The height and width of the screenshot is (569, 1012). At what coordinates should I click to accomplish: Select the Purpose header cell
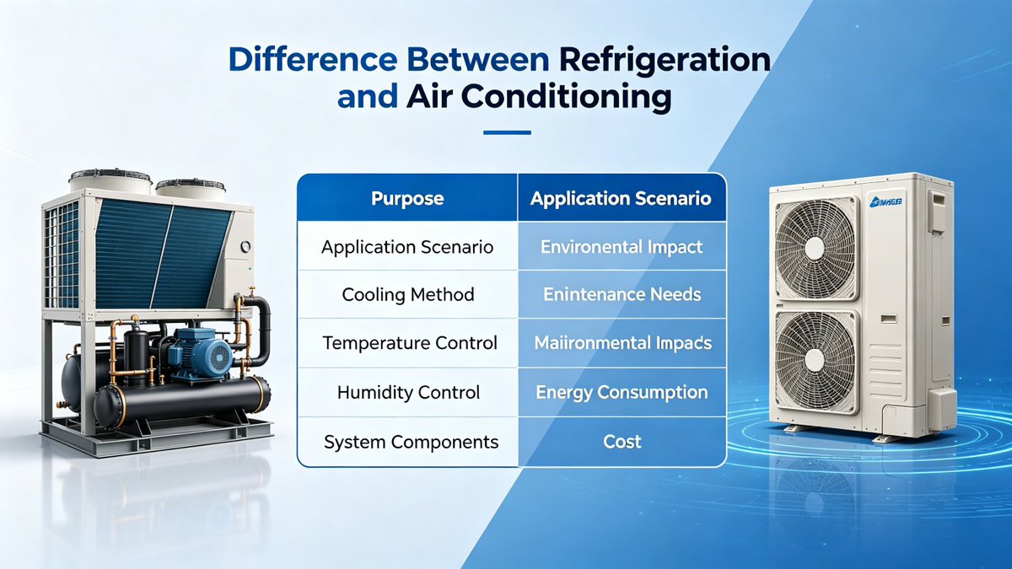[x=407, y=199]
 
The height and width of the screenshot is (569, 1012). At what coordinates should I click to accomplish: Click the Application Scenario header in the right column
[x=621, y=199]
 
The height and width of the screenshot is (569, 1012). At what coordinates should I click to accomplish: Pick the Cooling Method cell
[x=407, y=295]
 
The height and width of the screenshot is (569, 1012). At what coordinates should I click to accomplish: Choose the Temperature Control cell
[x=407, y=344]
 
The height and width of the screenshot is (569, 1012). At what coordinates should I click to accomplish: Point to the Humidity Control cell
[x=407, y=393]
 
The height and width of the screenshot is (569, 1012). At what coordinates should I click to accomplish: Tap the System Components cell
[x=407, y=442]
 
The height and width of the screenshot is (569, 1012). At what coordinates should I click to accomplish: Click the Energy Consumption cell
[x=621, y=393]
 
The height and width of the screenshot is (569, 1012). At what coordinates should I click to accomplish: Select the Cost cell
[x=622, y=442]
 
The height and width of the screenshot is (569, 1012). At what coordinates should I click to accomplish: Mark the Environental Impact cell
[x=621, y=248]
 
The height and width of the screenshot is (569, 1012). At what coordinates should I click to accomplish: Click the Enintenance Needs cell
[x=621, y=295]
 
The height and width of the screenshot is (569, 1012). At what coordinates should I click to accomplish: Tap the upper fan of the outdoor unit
[x=814, y=247]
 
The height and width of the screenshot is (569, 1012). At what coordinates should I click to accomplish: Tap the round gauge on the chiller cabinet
[x=245, y=248]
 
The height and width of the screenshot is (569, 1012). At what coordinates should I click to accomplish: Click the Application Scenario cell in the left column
[x=407, y=248]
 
